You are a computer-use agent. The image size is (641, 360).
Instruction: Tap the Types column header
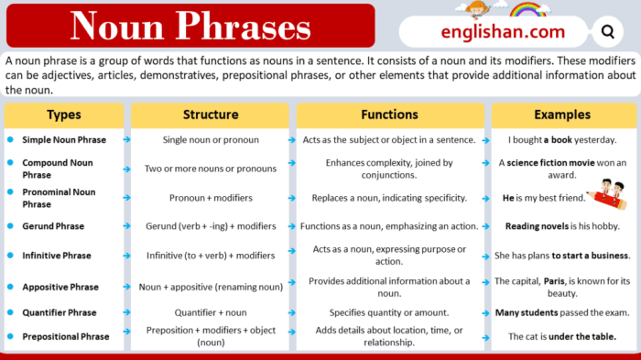64,115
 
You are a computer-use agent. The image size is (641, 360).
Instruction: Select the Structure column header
211,115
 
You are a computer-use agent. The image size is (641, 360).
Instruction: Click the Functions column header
390,115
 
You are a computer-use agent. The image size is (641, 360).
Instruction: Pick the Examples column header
562,115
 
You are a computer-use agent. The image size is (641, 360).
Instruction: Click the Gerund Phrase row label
53,226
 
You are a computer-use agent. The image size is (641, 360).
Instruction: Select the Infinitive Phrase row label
57,256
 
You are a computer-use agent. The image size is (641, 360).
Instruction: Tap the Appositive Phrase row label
60,287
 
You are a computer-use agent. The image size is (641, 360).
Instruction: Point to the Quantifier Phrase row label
60,312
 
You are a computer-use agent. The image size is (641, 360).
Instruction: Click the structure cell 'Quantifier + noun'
211,312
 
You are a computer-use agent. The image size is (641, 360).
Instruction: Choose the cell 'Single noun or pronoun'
211,140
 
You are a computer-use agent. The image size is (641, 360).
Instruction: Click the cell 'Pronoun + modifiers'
211,197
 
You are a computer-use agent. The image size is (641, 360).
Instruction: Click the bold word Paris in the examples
554,281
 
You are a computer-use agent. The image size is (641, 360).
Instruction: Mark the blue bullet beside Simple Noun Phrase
10,140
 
